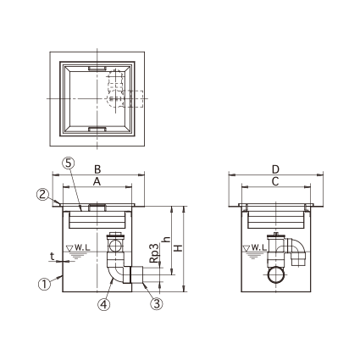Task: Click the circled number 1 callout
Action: pyautogui.click(x=44, y=284)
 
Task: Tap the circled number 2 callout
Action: pyautogui.click(x=42, y=195)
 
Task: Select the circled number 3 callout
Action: pyautogui.click(x=157, y=303)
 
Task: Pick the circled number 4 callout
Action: pyautogui.click(x=104, y=304)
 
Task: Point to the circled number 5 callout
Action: pyautogui.click(x=69, y=163)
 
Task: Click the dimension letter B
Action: pyautogui.click(x=97, y=169)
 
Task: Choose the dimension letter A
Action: pyautogui.click(x=97, y=182)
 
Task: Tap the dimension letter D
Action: pyautogui.click(x=275, y=169)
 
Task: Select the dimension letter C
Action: pyautogui.click(x=275, y=182)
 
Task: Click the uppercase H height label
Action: pyautogui.click(x=178, y=248)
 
